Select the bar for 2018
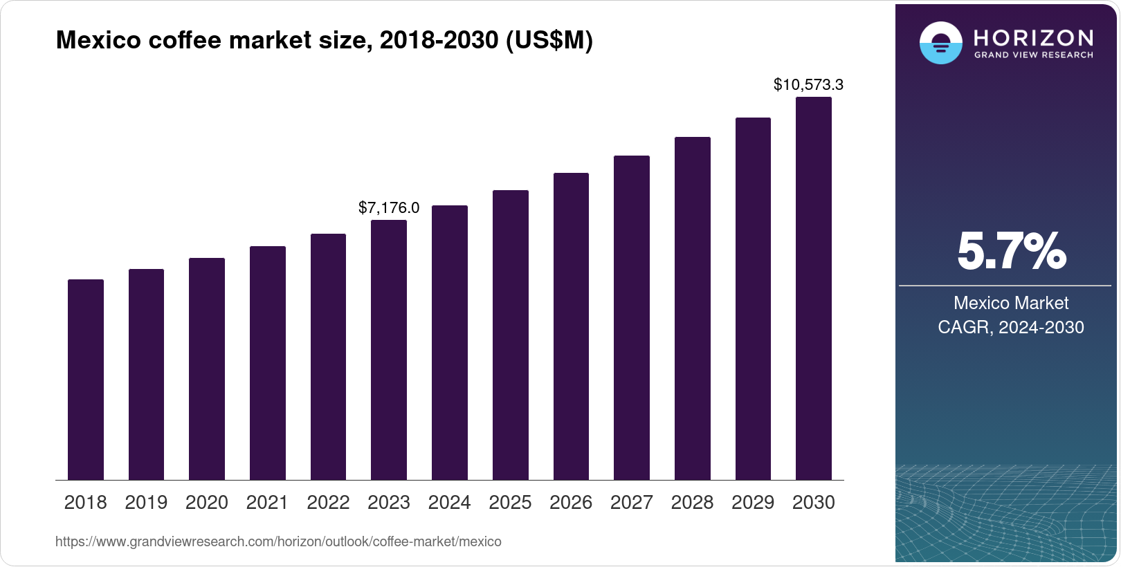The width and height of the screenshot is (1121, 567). tap(86, 380)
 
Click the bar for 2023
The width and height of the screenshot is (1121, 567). tap(389, 350)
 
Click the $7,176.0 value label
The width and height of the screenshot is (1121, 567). tap(389, 208)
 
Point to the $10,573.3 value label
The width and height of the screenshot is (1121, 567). tap(808, 85)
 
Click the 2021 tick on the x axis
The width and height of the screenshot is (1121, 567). tap(267, 503)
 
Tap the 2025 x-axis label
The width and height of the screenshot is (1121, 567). tap(510, 503)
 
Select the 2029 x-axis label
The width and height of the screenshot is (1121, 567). tap(753, 503)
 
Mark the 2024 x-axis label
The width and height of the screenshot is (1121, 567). tap(449, 503)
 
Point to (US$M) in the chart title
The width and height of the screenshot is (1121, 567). tap(549, 40)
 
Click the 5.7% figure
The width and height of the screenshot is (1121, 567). tap(1011, 251)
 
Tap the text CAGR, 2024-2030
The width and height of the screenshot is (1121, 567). tap(1011, 327)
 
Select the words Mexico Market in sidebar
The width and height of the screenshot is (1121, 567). tap(1011, 303)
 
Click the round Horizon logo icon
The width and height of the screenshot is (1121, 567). tap(940, 43)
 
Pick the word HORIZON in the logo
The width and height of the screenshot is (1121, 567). tap(1034, 37)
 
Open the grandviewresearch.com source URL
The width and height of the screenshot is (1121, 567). tap(278, 541)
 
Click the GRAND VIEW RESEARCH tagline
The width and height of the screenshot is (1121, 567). tap(1034, 55)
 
